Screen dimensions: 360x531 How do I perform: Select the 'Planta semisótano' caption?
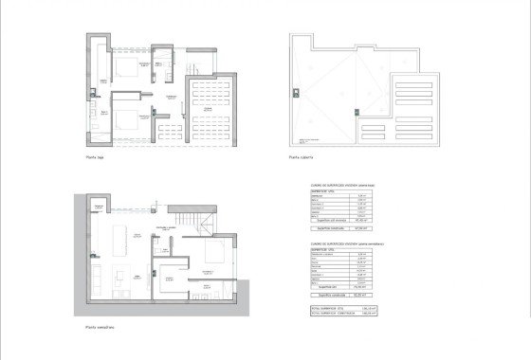tap(100, 330)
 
